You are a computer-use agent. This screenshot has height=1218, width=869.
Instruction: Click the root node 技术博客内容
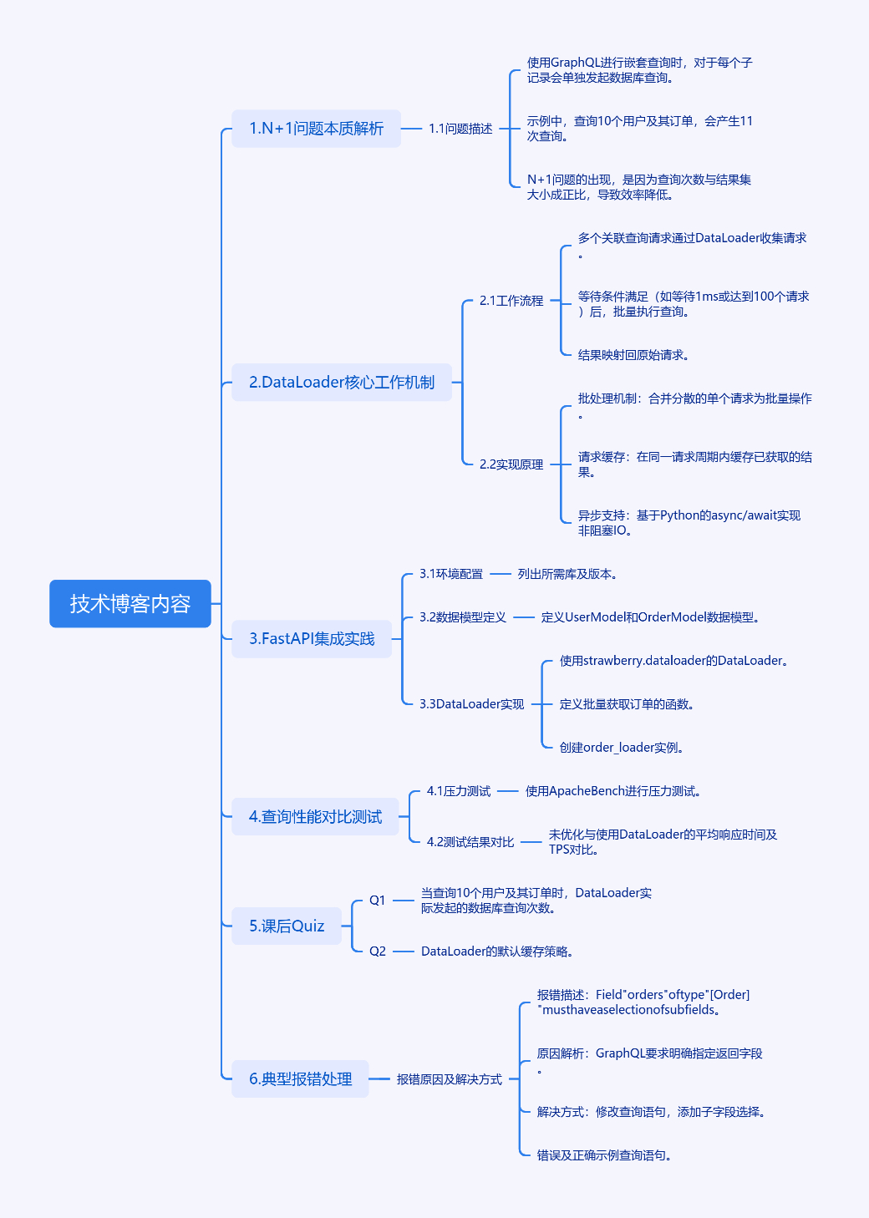[130, 604]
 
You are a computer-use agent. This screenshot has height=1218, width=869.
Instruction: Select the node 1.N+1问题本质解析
[316, 129]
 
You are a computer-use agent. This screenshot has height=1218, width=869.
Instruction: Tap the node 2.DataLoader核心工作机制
[341, 383]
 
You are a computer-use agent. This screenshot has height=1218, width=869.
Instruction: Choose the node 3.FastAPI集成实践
[311, 639]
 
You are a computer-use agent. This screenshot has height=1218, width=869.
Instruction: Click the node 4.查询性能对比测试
[315, 817]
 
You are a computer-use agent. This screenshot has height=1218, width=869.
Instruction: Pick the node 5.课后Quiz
[287, 926]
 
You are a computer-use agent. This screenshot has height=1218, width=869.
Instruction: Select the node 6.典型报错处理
[300, 1079]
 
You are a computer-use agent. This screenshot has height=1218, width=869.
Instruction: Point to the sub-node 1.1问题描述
[460, 129]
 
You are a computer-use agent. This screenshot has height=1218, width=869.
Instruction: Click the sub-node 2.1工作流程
[511, 301]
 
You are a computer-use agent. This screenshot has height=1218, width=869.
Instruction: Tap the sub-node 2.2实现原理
[511, 464]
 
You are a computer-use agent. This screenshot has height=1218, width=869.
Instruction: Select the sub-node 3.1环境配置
[451, 574]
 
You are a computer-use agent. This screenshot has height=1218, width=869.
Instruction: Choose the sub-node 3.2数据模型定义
[463, 617]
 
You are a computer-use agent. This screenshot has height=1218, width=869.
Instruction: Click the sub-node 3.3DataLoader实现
[471, 704]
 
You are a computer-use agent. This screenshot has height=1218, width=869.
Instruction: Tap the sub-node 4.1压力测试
[459, 791]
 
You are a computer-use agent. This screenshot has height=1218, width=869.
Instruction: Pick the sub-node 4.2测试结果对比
[470, 842]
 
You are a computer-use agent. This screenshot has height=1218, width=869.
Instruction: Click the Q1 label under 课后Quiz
[378, 901]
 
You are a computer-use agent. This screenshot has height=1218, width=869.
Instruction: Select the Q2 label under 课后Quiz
[378, 952]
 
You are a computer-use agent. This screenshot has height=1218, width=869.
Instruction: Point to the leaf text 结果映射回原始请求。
[633, 355]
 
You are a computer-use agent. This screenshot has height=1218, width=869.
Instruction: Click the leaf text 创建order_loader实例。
[622, 748]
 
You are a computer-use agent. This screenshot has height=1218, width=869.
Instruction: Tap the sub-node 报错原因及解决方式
[450, 1079]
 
